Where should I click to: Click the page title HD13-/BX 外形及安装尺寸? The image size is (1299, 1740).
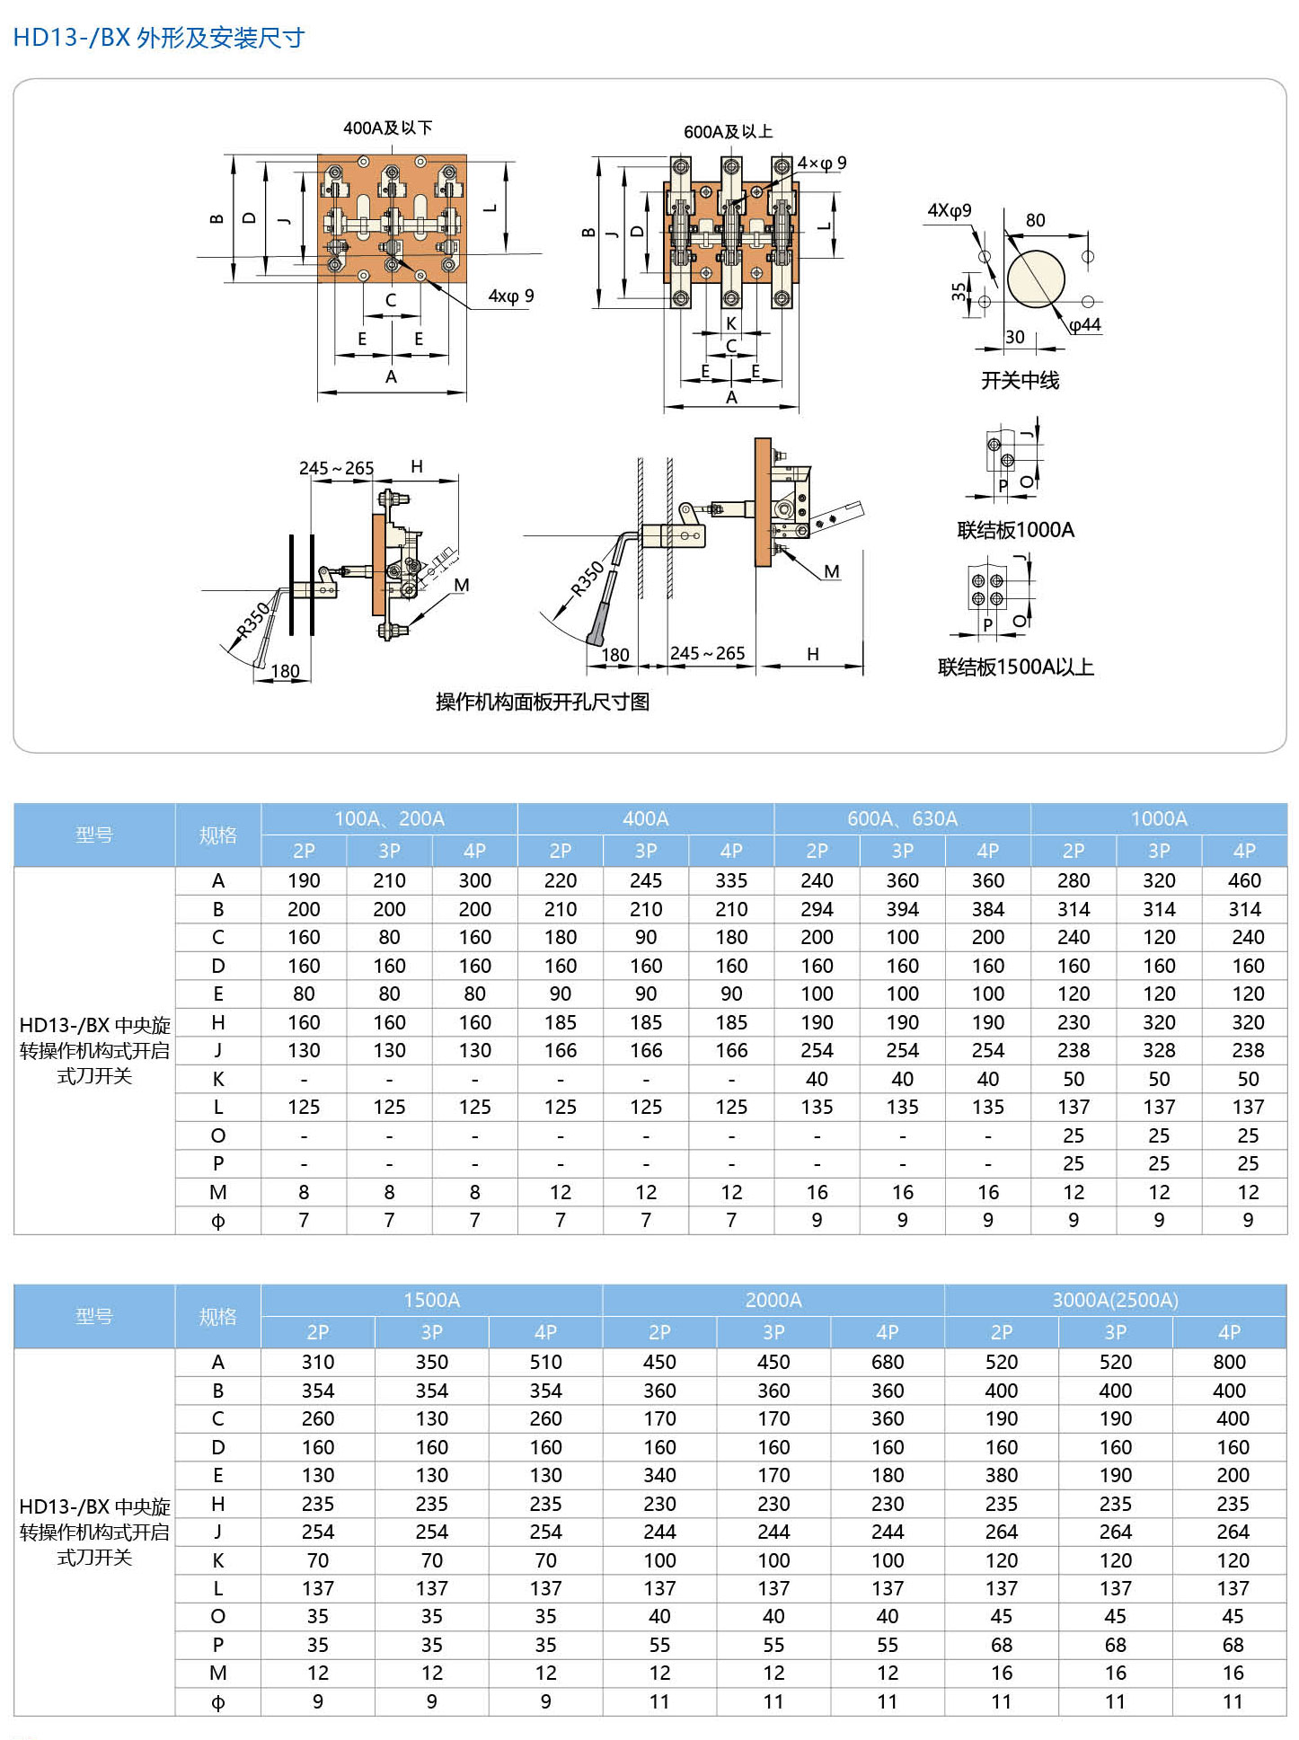click(x=159, y=38)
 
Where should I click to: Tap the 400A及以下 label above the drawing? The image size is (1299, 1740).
click(x=387, y=128)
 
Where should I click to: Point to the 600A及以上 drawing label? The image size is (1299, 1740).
click(x=728, y=132)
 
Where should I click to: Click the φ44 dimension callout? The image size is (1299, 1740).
click(x=1085, y=325)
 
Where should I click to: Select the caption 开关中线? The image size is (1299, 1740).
click(x=1020, y=381)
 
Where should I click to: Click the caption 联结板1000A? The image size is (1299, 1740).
click(x=1015, y=530)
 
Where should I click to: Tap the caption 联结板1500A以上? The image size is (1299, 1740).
click(x=1015, y=667)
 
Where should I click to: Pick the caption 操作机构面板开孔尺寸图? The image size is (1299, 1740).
click(x=542, y=702)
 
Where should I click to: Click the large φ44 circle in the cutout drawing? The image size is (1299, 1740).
click(x=1036, y=279)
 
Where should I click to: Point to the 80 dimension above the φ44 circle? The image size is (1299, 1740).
click(x=1035, y=221)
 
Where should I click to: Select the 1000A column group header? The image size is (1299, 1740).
click(x=1159, y=818)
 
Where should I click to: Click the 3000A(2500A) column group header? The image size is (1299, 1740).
click(x=1115, y=1300)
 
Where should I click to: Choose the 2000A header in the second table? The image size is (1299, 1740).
click(x=773, y=1300)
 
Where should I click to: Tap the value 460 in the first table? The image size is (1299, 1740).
click(x=1244, y=881)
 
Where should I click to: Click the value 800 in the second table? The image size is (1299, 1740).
click(x=1229, y=1363)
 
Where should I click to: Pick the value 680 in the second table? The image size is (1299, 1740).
click(x=887, y=1363)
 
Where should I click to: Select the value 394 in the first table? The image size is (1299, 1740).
click(x=902, y=909)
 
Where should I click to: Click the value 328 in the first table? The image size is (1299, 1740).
click(x=1159, y=1051)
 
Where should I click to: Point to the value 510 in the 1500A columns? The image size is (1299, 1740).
click(x=545, y=1363)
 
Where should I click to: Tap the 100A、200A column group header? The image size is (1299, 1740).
click(x=389, y=818)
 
